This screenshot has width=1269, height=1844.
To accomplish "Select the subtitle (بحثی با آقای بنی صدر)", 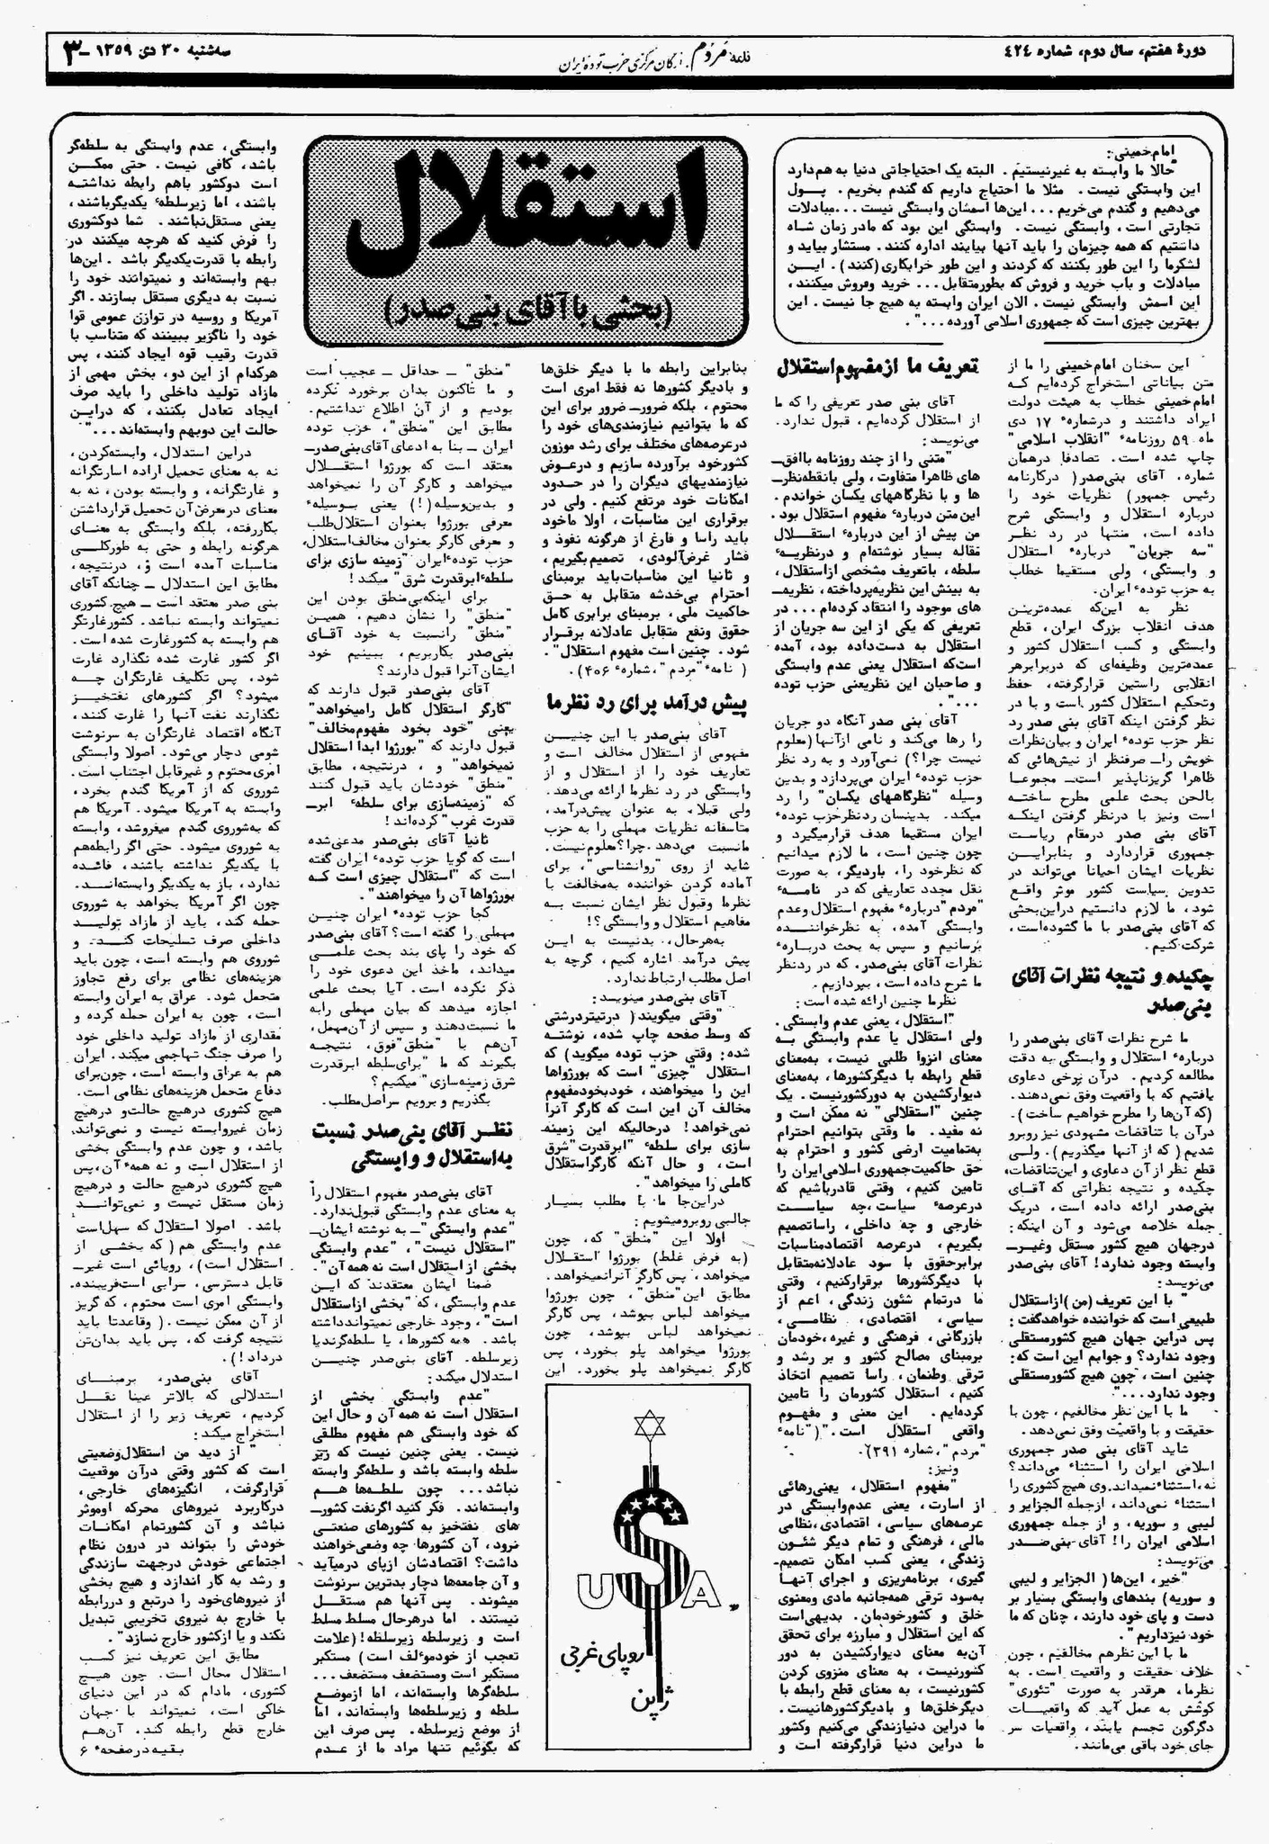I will tap(526, 310).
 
